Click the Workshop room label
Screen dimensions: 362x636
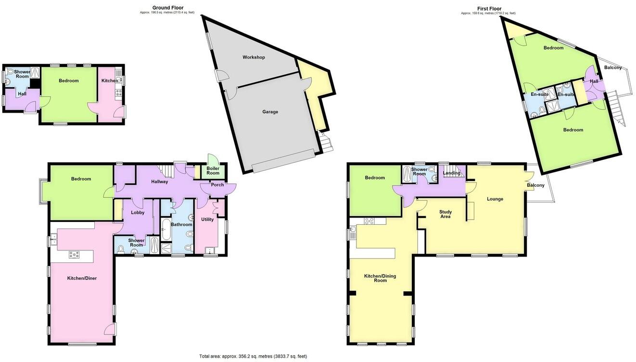tap(254, 57)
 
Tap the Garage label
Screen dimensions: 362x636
tap(270, 112)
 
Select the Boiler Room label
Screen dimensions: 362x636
tap(213, 171)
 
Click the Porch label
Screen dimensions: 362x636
tap(217, 185)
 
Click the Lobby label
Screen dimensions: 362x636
tap(138, 212)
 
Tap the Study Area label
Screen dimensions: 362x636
tap(445, 214)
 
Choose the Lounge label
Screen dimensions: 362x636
tap(495, 199)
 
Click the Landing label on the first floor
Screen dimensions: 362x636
tap(451, 173)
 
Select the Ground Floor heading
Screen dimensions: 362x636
tap(168, 8)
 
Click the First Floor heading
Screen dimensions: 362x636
tap(489, 9)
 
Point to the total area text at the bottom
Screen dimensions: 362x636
tap(253, 356)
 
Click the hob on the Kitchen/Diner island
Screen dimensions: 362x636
tap(75, 255)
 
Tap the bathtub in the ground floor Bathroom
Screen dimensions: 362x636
tap(166, 229)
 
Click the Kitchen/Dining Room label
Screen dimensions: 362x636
tap(380, 278)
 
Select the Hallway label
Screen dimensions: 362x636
tap(160, 181)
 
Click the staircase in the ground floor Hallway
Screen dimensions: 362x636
tap(166, 170)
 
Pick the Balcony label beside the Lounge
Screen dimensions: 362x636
tap(535, 185)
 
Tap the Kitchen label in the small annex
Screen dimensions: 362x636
tap(109, 80)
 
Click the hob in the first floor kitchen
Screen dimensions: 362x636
tap(369, 221)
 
